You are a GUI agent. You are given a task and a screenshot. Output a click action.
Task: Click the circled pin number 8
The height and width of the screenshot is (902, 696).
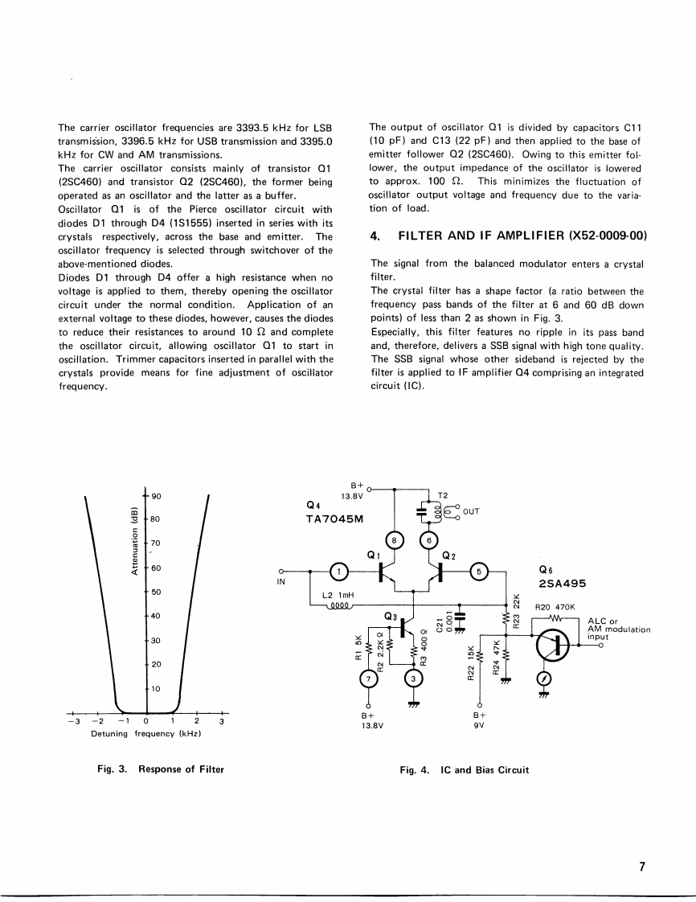pyautogui.click(x=394, y=542)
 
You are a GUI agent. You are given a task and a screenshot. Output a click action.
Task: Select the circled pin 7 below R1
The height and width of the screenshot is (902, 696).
pyautogui.click(x=369, y=679)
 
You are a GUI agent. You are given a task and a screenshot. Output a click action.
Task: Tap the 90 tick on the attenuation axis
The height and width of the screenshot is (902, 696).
pyautogui.click(x=158, y=496)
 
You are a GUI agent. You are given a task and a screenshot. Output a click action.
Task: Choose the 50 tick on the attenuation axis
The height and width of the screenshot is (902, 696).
pyautogui.click(x=158, y=592)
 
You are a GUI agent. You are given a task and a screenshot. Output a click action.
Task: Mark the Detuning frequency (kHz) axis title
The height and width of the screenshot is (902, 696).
pyautogui.click(x=146, y=733)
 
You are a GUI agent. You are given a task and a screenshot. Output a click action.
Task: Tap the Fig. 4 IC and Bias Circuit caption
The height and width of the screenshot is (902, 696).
pyautogui.click(x=464, y=769)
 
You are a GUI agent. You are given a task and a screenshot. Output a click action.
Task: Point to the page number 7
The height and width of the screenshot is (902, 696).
pyautogui.click(x=642, y=867)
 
